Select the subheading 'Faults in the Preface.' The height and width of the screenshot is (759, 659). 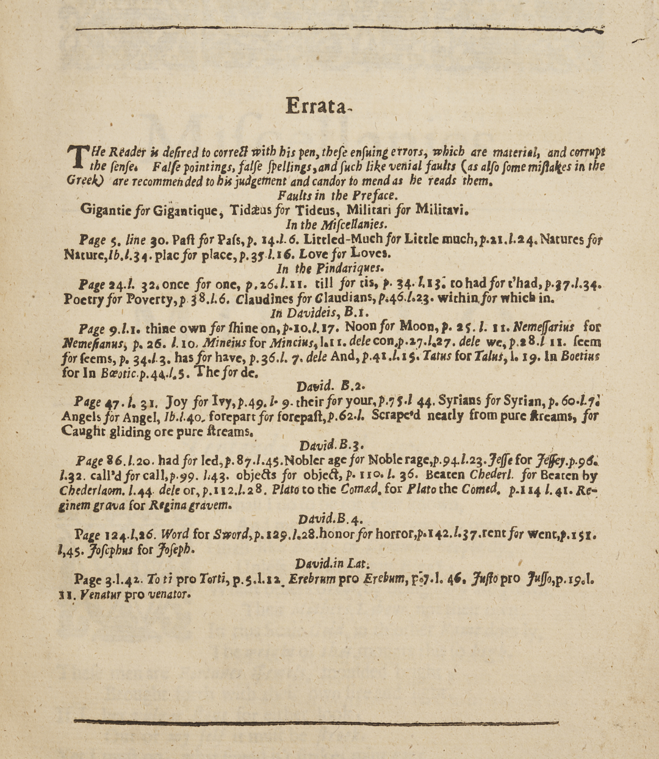pos(337,195)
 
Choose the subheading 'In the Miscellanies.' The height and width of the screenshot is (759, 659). pos(336,224)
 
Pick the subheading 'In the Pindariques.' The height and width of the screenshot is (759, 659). pos(329,268)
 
